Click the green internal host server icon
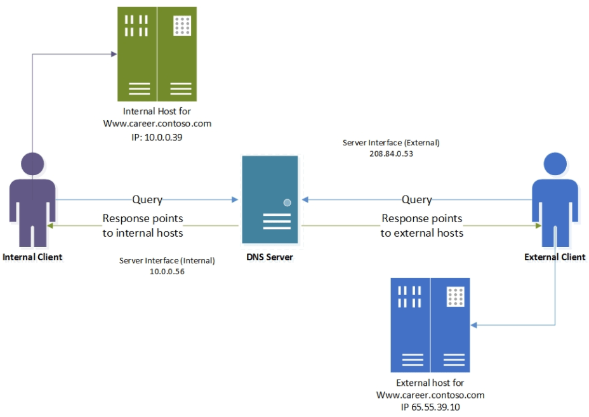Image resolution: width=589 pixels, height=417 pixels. [157, 54]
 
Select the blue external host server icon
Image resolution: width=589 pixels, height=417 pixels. [430, 324]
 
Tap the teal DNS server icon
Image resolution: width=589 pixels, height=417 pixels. [269, 200]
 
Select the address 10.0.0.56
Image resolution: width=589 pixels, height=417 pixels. [167, 271]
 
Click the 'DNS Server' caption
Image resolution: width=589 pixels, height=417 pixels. [269, 257]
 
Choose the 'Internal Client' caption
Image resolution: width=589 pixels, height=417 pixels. [32, 257]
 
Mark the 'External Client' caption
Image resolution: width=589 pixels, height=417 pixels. [555, 257]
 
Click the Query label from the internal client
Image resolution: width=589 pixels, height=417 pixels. [147, 200]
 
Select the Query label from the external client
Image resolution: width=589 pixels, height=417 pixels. [417, 200]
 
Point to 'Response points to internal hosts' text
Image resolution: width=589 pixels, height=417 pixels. [143, 225]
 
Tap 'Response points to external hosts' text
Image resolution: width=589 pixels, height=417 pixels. [422, 225]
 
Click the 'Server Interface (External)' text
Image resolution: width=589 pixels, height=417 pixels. [391, 143]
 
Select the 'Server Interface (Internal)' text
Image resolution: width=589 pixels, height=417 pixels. [167, 260]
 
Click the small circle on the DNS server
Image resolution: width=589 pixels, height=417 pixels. [287, 202]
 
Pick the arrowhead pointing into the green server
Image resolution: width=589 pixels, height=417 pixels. [114, 55]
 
